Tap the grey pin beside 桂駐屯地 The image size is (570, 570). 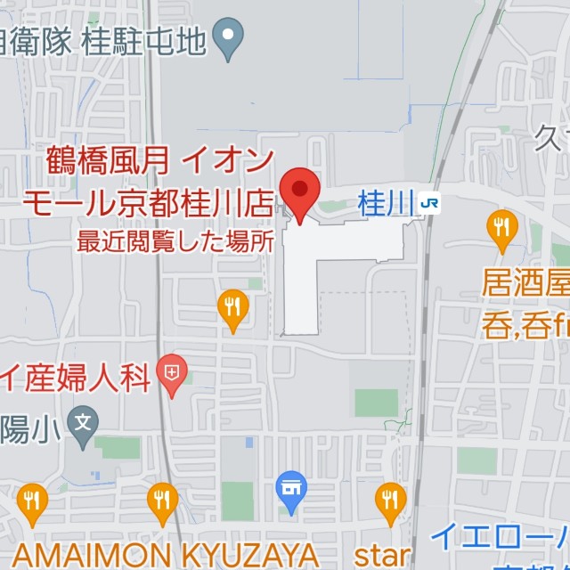(x=231, y=39)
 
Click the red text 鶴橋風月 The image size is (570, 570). (x=107, y=163)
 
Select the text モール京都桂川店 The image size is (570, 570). (x=148, y=202)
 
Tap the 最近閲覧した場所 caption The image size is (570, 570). (x=175, y=240)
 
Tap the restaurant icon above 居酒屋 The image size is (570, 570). (x=502, y=228)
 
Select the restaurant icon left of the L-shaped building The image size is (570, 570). (x=232, y=307)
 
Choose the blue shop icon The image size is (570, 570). (x=291, y=487)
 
